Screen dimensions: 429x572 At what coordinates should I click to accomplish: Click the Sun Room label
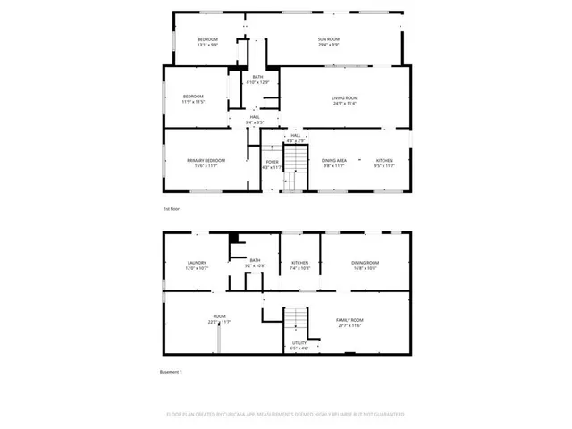(329, 38)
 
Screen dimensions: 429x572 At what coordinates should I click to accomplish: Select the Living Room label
(345, 97)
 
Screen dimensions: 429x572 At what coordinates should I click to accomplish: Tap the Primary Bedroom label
(206, 160)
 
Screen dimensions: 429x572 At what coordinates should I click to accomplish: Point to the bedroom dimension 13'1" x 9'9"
(207, 45)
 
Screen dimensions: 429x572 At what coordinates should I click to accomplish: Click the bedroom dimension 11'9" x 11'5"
(194, 103)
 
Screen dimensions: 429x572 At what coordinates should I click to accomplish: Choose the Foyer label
(272, 162)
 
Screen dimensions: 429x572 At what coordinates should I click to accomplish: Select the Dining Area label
(334, 160)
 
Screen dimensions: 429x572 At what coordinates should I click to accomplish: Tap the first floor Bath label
(257, 77)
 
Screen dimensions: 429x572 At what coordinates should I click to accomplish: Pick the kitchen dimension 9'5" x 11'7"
(384, 166)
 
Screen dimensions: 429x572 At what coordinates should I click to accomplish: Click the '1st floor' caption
(172, 209)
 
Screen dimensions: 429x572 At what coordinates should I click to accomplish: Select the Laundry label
(197, 262)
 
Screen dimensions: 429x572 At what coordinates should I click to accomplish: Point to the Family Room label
(349, 320)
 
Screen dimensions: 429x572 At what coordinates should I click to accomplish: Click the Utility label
(299, 342)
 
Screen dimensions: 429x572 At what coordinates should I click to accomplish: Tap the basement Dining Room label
(366, 262)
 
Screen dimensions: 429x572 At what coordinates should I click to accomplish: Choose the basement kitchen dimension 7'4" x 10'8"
(300, 268)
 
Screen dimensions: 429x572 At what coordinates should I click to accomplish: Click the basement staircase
(296, 322)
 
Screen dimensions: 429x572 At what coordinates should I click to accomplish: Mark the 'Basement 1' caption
(170, 372)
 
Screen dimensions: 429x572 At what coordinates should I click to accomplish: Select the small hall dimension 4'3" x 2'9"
(295, 141)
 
